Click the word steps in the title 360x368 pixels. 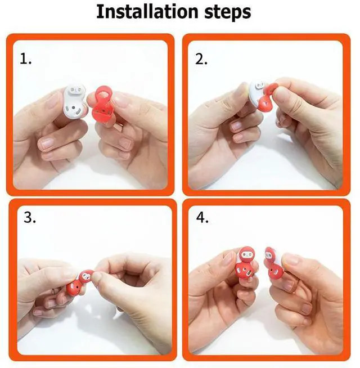click(x=228, y=12)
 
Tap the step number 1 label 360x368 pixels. click(x=25, y=59)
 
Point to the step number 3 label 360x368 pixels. click(x=30, y=218)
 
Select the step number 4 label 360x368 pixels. click(x=202, y=218)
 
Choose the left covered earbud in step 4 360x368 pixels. click(x=245, y=262)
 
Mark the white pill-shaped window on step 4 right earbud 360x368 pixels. click(x=269, y=254)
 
